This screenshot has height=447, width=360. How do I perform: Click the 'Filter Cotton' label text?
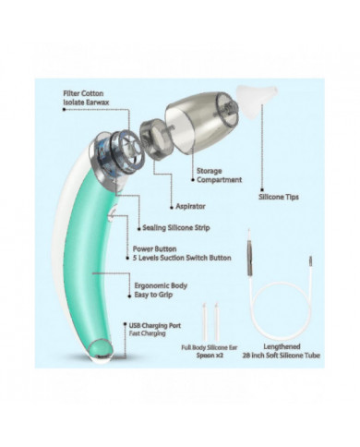[x=82, y=93]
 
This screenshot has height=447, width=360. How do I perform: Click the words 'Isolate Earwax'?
[x=85, y=103]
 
